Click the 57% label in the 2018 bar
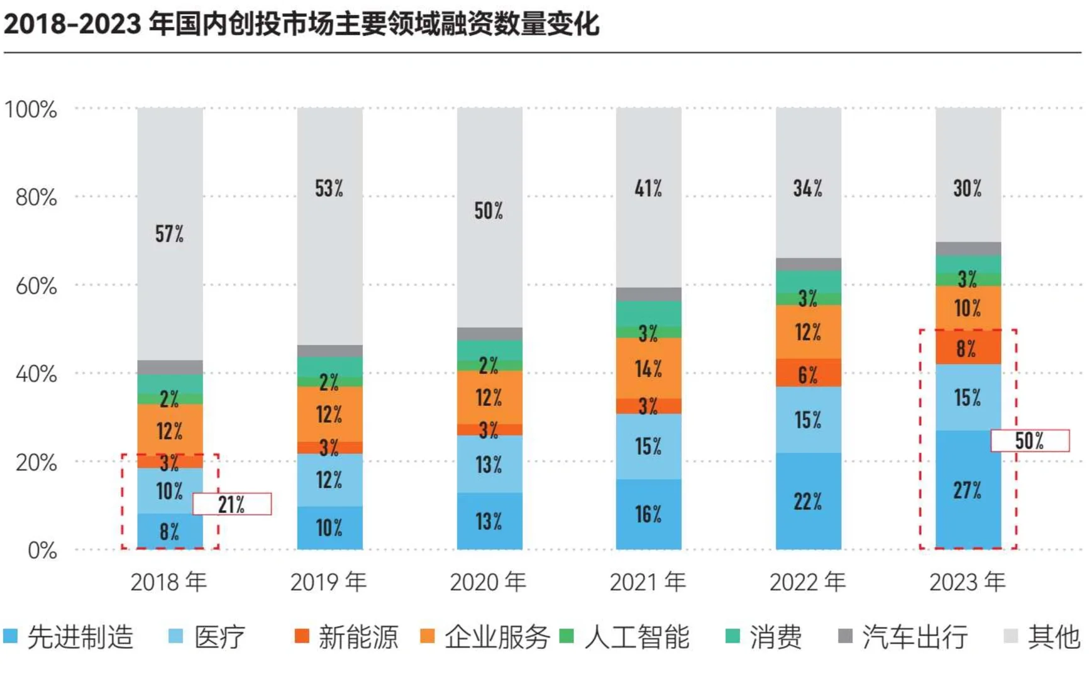pos(170,234)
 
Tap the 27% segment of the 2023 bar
pos(967,490)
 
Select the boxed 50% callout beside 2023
pos(1029,441)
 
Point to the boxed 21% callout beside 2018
pos(231,504)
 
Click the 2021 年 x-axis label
pos(648,582)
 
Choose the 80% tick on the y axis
pos(36,197)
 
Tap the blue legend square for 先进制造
pos(11,636)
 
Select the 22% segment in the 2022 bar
pos(807,502)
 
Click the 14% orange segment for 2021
pos(648,368)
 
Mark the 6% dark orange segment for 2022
pos(807,375)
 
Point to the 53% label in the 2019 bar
pos(329,188)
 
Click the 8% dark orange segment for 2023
pos(967,348)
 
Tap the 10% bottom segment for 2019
pos(329,527)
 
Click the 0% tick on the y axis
pos(42,551)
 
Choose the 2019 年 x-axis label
pos(328,582)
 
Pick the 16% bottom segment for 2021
pos(648,514)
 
